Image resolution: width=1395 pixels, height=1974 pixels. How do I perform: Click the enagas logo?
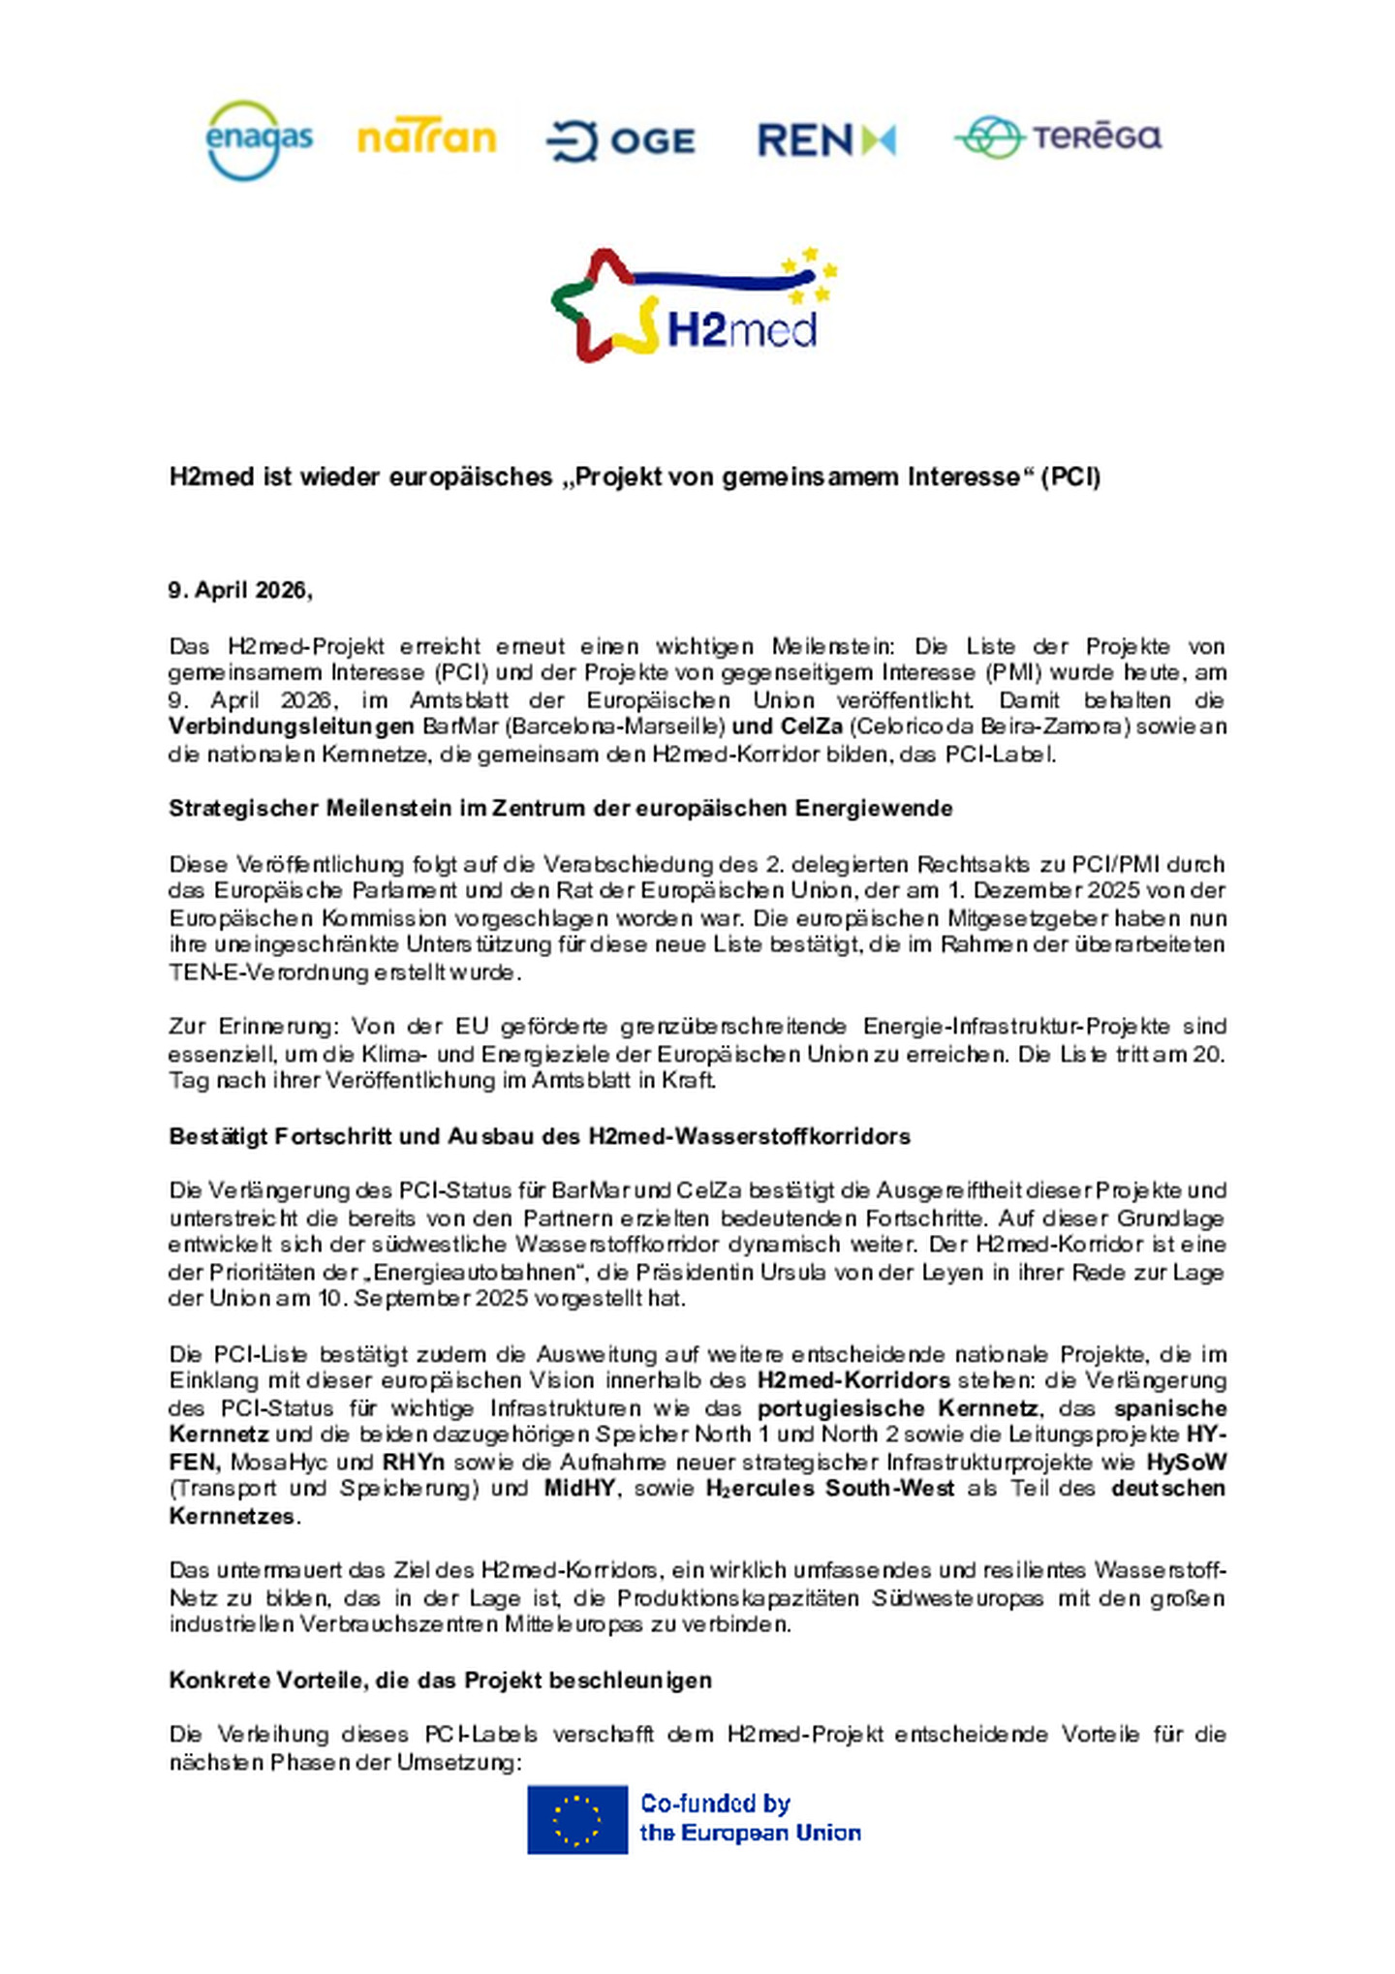259,140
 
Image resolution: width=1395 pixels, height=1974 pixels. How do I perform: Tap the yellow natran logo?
426,139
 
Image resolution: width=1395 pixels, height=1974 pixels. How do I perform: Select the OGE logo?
621,141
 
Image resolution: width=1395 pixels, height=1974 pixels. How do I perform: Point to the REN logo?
825,140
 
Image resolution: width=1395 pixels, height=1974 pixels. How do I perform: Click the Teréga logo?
1058,137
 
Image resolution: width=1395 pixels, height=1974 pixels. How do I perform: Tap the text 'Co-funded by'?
715,1804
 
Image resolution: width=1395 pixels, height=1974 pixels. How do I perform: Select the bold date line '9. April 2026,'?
240,590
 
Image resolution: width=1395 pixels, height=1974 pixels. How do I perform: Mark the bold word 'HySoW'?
1186,1461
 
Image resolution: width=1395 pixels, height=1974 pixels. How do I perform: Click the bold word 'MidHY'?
579,1488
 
